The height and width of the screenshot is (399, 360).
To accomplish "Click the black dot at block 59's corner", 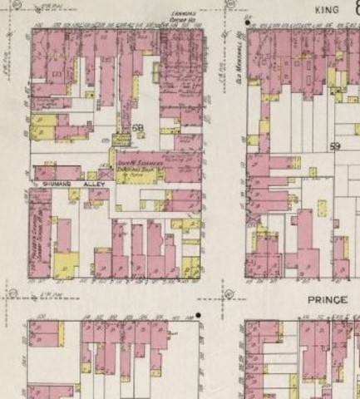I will click(x=248, y=17).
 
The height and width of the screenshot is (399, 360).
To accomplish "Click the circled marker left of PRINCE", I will click(x=229, y=293).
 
